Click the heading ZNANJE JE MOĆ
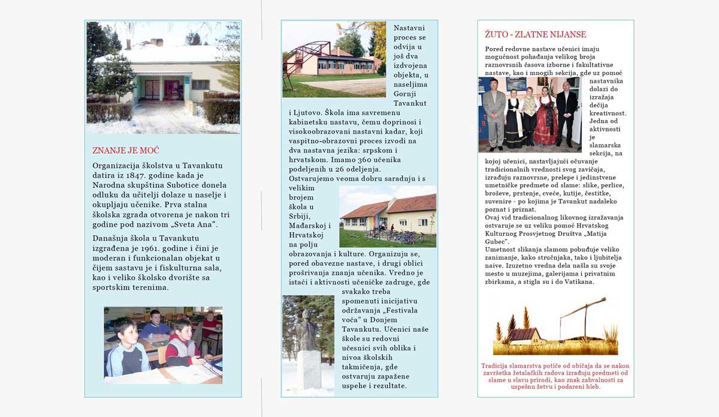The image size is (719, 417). [125, 150]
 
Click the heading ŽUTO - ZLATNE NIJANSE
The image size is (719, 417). [536, 35]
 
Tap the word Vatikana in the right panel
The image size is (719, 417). [575, 281]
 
